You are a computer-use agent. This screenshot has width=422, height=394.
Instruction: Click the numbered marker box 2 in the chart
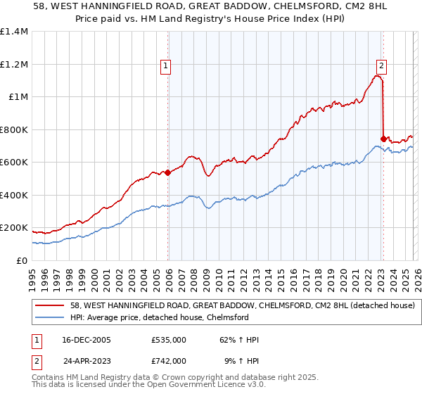click(381, 67)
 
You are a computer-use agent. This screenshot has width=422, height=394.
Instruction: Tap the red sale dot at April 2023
click(383, 139)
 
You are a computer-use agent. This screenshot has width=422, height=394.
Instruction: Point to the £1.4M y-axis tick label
click(14, 32)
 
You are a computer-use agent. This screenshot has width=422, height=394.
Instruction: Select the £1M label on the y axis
click(17, 97)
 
